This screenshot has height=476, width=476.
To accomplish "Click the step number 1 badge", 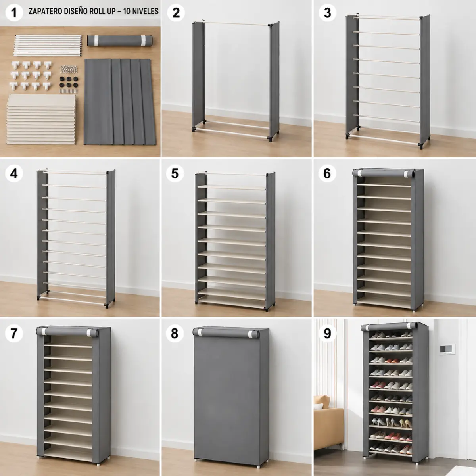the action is pyautogui.click(x=14, y=12).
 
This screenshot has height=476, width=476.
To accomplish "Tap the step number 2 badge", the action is pyautogui.click(x=176, y=12).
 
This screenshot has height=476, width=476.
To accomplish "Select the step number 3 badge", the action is pyautogui.click(x=327, y=12).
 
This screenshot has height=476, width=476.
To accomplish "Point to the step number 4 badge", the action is pyautogui.click(x=14, y=173).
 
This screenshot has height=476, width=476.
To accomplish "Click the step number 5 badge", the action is pyautogui.click(x=175, y=173).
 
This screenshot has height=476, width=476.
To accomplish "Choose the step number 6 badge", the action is pyautogui.click(x=327, y=173).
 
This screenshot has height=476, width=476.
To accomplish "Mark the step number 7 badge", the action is pyautogui.click(x=14, y=333).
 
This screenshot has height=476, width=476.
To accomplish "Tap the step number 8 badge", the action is pyautogui.click(x=175, y=333).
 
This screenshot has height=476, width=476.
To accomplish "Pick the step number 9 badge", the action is pyautogui.click(x=327, y=333).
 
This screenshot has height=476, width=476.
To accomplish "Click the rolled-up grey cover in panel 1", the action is pyautogui.click(x=120, y=40).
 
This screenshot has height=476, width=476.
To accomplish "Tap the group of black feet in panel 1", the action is pyautogui.click(x=69, y=82).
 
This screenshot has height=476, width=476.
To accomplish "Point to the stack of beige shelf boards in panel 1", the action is pyautogui.click(x=41, y=119).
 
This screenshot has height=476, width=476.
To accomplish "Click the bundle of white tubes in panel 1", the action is pyautogui.click(x=48, y=46).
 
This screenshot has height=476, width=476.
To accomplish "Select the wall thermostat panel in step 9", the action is pyautogui.click(x=447, y=349).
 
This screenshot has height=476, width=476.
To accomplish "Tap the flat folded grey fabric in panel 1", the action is pyautogui.click(x=120, y=102).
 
